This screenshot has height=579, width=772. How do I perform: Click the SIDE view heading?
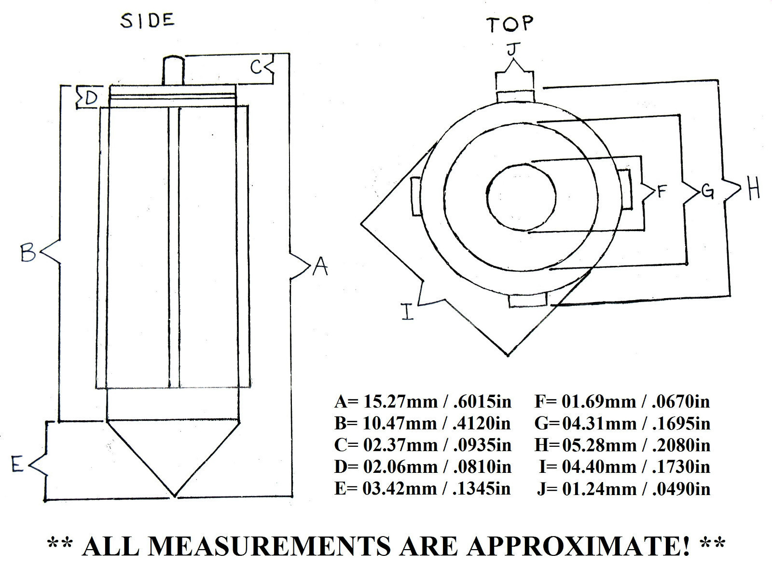(147, 21)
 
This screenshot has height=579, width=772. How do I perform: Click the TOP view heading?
(510, 24)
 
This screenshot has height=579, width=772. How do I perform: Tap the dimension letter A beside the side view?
(320, 266)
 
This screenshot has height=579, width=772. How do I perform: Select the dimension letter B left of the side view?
(28, 252)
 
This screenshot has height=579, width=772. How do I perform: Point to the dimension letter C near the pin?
(257, 67)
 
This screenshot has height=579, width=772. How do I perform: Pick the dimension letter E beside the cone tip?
(17, 465)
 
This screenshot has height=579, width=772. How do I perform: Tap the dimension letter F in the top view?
(662, 192)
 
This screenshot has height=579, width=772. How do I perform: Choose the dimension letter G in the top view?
(707, 192)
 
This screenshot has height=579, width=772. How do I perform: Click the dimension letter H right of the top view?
(754, 189)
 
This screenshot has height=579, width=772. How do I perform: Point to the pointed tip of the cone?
(174, 494)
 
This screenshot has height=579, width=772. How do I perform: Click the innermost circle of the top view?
(522, 197)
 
